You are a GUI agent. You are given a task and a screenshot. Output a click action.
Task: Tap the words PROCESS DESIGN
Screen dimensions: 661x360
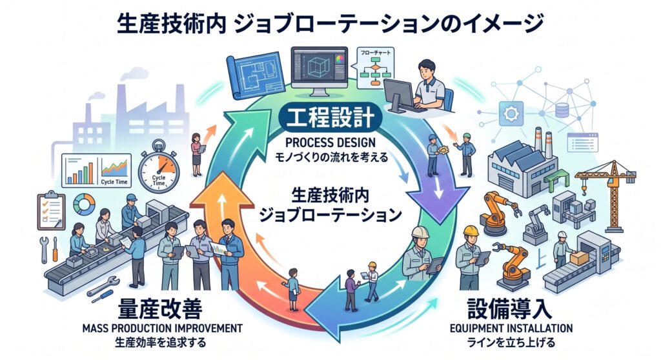[330, 142]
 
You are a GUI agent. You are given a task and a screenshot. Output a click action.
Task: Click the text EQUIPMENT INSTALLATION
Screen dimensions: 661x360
[511, 328]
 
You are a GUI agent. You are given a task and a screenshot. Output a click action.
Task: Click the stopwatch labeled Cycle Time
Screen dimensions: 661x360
[159, 167]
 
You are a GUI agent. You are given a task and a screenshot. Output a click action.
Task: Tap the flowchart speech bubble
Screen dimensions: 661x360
[374, 68]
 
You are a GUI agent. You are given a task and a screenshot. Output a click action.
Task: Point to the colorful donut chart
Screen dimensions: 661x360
[85, 205]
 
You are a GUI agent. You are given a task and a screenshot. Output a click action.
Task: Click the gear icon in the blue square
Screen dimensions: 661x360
[511, 114]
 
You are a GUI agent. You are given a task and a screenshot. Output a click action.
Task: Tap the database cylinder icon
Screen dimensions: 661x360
[562, 110]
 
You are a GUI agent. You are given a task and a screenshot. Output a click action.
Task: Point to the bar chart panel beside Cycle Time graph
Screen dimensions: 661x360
[80, 170]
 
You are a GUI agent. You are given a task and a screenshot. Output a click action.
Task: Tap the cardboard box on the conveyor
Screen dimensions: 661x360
[579, 257]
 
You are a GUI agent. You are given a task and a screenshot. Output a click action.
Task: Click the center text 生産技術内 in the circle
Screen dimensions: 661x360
[330, 196]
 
